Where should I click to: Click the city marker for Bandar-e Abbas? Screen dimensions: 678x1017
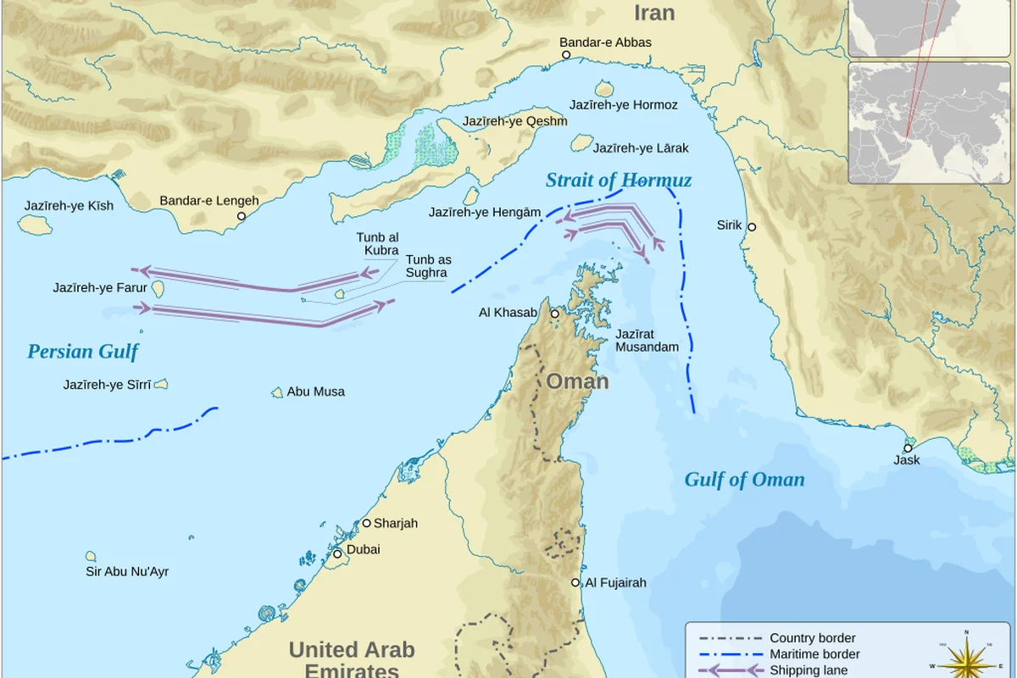[566, 55]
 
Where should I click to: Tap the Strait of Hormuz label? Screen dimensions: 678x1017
[618, 181]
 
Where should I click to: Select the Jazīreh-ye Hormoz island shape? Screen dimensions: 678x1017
[604, 88]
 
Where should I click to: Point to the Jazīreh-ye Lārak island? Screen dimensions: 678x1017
[581, 143]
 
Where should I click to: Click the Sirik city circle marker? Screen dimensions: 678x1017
[751, 227]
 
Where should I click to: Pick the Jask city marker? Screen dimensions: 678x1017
[908, 448]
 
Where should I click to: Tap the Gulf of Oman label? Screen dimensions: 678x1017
[744, 480]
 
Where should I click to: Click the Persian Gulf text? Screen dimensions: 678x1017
[82, 352]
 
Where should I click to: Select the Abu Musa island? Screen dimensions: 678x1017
[277, 392]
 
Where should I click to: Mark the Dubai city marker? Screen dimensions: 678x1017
[336, 554]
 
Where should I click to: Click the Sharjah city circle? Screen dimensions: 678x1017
[367, 523]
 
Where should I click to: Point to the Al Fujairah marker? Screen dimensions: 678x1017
[575, 582]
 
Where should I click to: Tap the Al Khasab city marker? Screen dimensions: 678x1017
[555, 314]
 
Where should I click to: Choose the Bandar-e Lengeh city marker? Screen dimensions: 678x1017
[241, 216]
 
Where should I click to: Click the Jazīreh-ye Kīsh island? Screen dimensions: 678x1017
[34, 225]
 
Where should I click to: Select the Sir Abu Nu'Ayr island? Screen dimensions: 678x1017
[91, 556]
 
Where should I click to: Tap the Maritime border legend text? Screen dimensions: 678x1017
[814, 654]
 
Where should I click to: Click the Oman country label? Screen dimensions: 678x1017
[577, 381]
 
